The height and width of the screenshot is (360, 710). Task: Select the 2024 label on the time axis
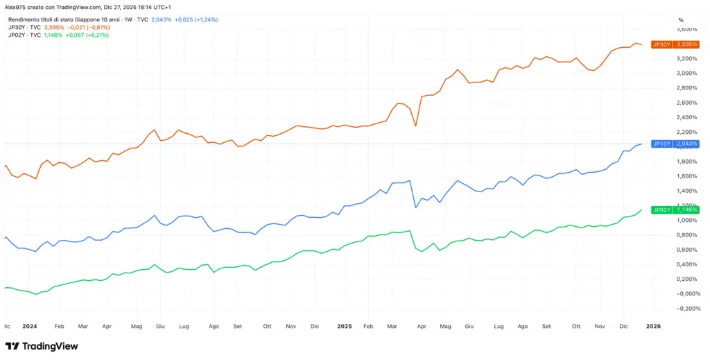click(x=29, y=325)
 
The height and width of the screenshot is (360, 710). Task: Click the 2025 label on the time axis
click(x=345, y=325)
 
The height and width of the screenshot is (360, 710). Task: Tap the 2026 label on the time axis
click(x=654, y=325)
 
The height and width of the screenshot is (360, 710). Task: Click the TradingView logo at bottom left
click(x=42, y=346)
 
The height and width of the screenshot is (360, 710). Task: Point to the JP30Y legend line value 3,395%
click(x=54, y=27)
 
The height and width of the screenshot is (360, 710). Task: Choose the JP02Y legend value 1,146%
click(x=53, y=35)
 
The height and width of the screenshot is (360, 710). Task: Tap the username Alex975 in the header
click(x=15, y=6)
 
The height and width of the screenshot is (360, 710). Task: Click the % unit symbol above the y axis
click(x=681, y=19)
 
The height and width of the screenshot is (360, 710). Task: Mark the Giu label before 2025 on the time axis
click(x=160, y=325)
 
